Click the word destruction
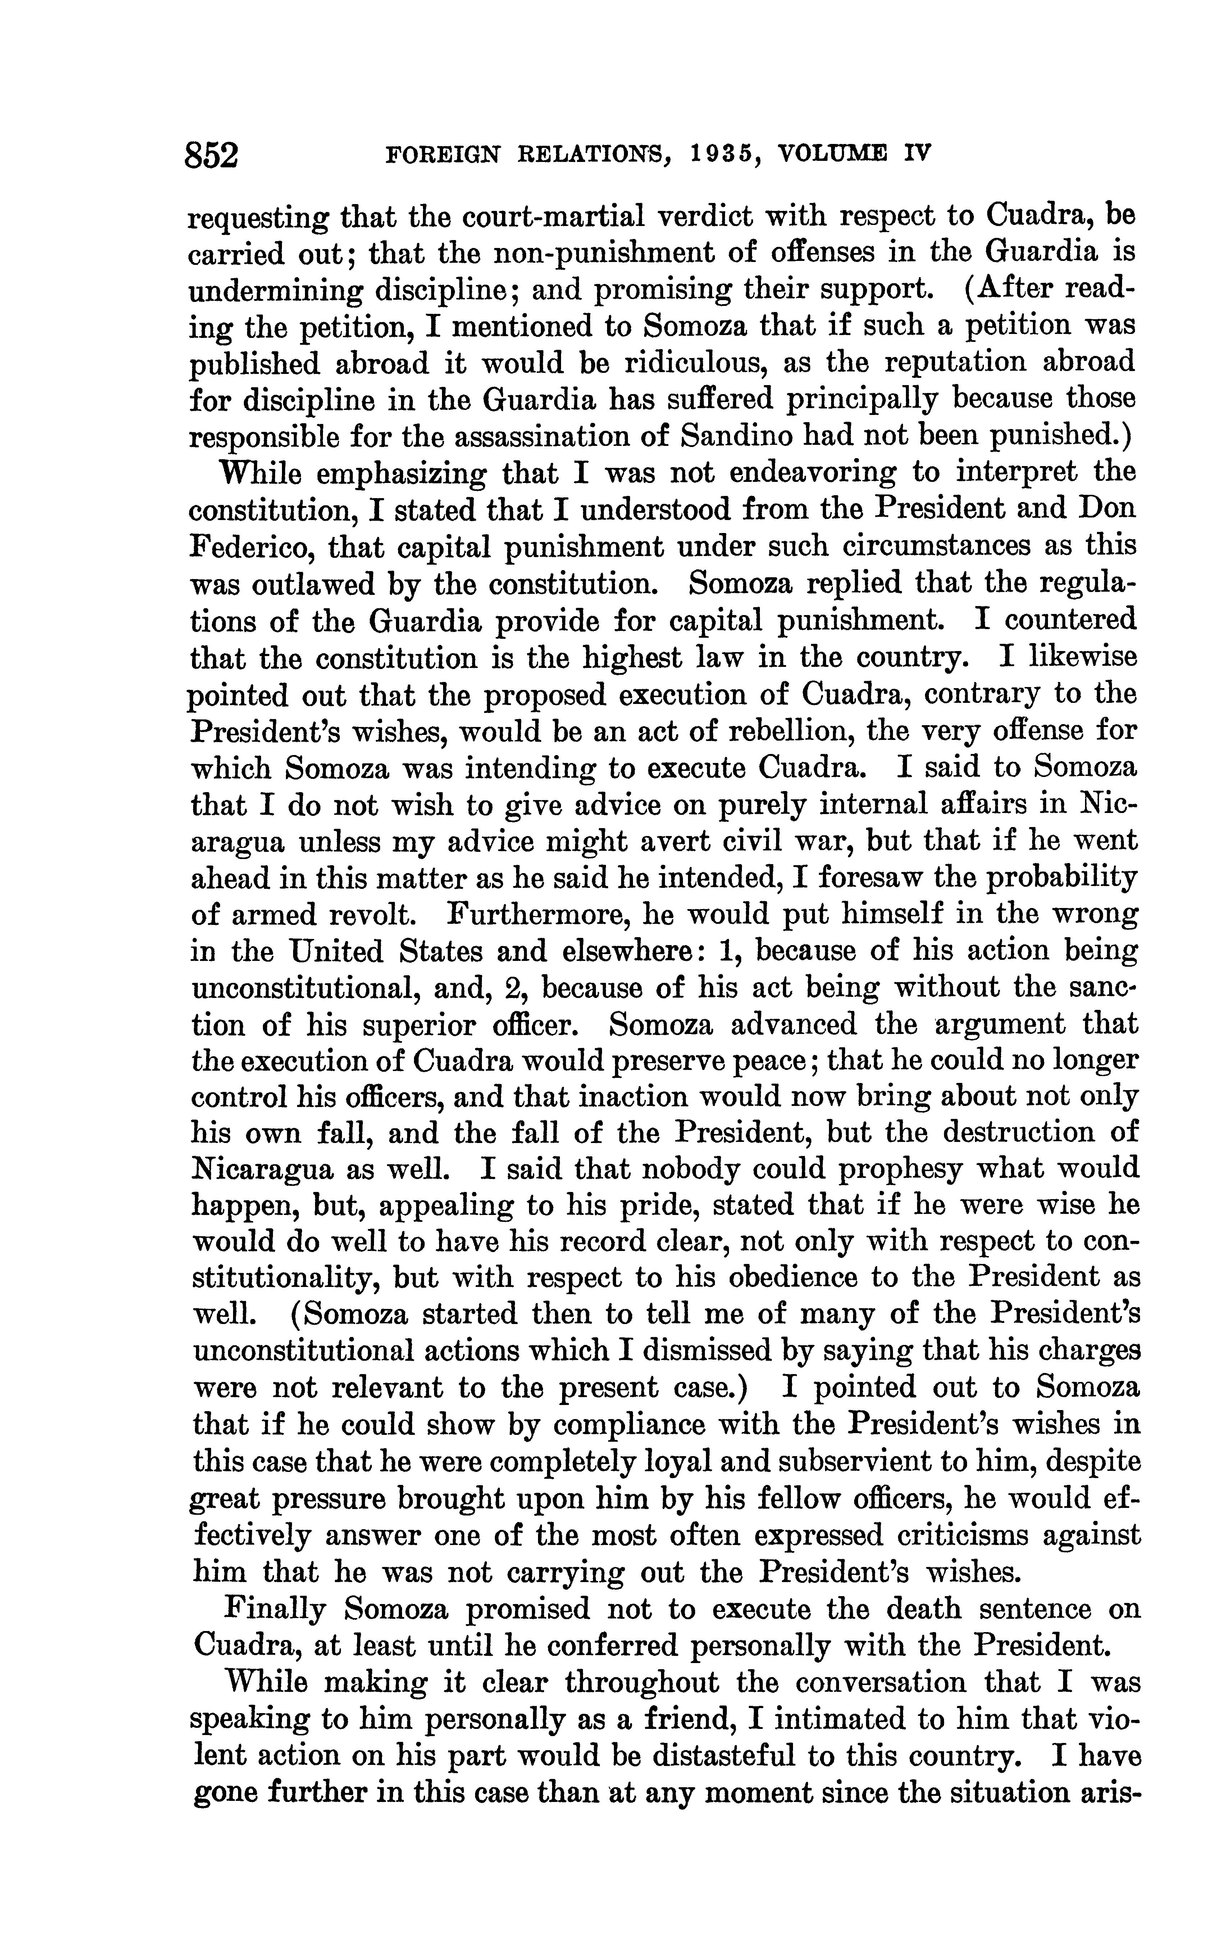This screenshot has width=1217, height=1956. click(1017, 1132)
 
